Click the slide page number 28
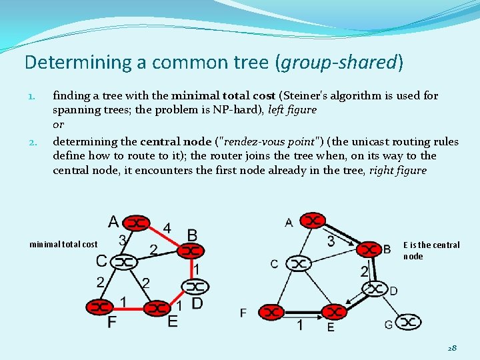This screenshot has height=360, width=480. point(451,347)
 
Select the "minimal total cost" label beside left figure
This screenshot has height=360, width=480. point(63,245)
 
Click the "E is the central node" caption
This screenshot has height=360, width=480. point(431,250)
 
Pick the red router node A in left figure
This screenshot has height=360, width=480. point(137,222)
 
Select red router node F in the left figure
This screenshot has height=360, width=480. point(100,307)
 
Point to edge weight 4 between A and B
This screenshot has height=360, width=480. point(167,228)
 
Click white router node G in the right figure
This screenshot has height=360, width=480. point(408,323)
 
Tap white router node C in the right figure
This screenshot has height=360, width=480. point(297,264)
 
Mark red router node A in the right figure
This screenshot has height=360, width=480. point(311,220)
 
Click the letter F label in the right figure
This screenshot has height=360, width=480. point(243,312)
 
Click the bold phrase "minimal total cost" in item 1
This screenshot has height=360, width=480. point(223,95)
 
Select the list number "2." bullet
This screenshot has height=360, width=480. point(33,142)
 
